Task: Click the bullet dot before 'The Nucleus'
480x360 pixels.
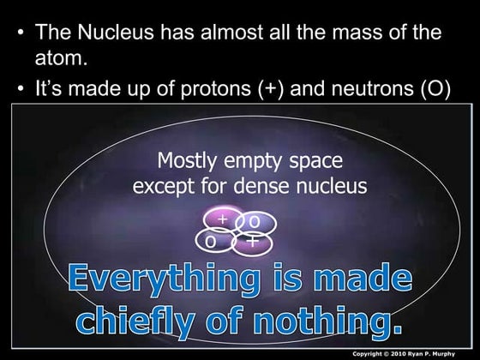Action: pos(21,34)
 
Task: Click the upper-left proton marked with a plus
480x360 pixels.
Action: pos(222,220)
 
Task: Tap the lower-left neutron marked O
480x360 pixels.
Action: pos(211,242)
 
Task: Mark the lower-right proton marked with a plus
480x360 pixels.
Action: pos(253,242)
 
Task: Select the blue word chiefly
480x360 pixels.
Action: pos(140,321)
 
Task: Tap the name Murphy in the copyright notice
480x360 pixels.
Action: pos(455,352)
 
